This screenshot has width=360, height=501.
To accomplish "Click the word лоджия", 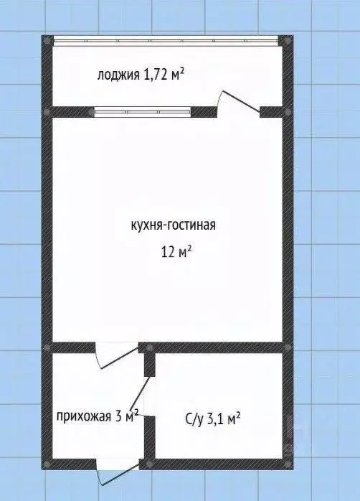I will coord(119,74).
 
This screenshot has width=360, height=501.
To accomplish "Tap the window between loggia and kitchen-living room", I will coord(142,111).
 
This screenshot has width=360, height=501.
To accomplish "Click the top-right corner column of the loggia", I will coord(288,41).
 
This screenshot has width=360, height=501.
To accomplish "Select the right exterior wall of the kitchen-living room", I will coord(288,230).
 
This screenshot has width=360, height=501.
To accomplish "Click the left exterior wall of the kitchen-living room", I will coord(47,230).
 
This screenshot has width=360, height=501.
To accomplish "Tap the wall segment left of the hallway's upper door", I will coord(72,347).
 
